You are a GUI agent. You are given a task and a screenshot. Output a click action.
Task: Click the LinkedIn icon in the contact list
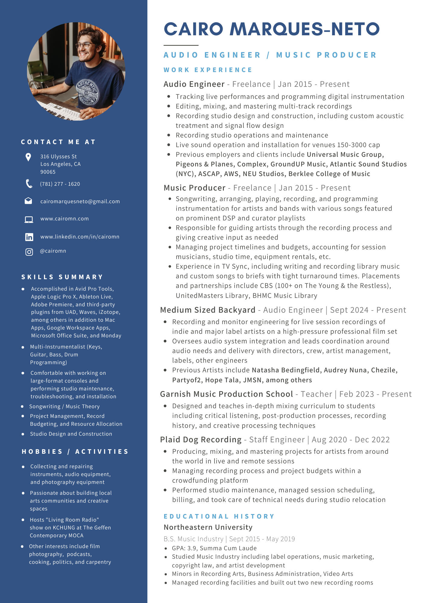(29, 237)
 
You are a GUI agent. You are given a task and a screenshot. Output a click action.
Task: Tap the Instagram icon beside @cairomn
(29, 252)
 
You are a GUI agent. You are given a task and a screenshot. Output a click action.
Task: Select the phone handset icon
(29, 184)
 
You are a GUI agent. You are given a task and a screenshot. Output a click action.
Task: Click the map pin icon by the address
(28, 157)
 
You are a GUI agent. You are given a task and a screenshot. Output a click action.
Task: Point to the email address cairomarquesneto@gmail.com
(80, 201)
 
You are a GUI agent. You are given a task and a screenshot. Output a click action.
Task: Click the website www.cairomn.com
(64, 219)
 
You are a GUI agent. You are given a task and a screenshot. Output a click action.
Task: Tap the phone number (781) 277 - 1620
(60, 184)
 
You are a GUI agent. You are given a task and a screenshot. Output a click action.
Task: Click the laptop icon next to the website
(29, 219)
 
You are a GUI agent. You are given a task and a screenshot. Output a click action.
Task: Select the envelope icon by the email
(28, 201)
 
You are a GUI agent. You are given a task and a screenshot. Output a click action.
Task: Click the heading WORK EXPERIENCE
(208, 70)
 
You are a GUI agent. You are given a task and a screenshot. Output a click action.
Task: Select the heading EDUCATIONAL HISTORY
(219, 516)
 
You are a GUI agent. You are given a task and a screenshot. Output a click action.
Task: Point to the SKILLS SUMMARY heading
(62, 277)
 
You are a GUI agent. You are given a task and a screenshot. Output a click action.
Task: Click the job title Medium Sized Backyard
(208, 310)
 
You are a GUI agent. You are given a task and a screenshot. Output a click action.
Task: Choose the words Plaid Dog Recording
(201, 440)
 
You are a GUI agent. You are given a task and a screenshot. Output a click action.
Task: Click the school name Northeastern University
(208, 527)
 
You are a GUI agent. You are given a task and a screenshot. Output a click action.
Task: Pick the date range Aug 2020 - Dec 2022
(350, 440)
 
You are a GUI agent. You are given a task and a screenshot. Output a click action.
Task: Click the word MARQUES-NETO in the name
(304, 29)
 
